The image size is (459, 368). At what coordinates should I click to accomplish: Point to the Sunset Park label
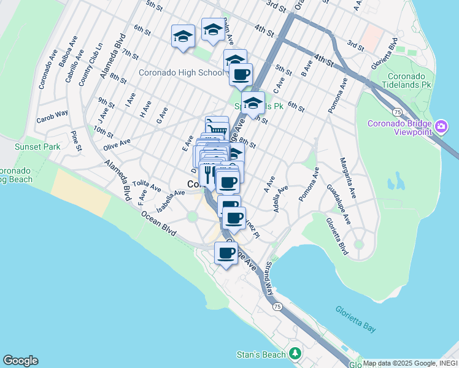[x=39, y=147]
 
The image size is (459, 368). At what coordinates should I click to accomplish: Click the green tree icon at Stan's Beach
[x=295, y=354]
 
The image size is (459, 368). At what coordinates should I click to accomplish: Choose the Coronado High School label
[x=181, y=72]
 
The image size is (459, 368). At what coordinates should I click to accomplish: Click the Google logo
[x=20, y=361]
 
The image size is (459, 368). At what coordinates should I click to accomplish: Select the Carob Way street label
[x=52, y=115]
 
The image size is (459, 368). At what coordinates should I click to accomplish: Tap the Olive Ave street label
[x=117, y=142]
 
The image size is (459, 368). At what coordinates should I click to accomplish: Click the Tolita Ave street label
[x=145, y=185]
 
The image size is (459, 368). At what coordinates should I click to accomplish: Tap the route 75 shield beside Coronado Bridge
[x=398, y=112]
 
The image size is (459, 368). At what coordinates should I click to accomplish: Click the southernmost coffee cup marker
[x=226, y=253]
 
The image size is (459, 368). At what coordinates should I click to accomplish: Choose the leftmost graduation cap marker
[x=183, y=36]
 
